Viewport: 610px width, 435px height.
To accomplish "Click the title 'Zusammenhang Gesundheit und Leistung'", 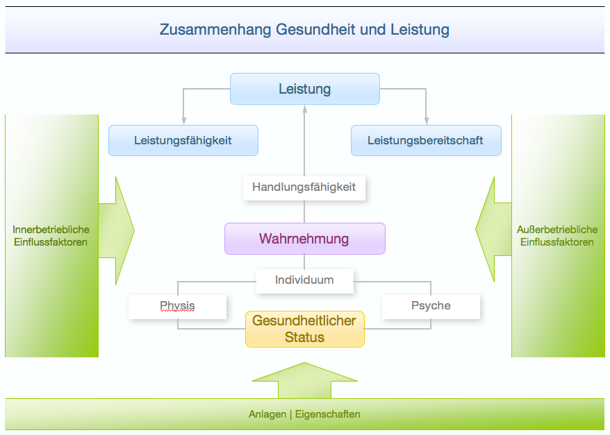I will pos(304,30).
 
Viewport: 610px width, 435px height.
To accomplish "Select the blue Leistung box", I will pos(305,89).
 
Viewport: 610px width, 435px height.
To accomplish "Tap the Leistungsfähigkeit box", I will pos(183,140).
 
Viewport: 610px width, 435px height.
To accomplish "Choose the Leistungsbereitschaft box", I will pos(426,140).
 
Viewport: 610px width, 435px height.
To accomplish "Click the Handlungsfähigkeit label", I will pos(304,187).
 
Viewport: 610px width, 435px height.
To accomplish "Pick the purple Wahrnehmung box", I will pos(304,239).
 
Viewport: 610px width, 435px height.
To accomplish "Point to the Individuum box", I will pos(304,281).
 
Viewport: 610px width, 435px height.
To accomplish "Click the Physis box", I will pos(178,307).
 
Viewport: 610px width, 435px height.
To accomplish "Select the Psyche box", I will pos(431,306).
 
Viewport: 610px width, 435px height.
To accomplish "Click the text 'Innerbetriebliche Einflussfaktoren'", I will pos(51,236).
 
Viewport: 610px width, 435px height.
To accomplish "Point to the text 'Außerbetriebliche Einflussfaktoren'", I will pos(557,236).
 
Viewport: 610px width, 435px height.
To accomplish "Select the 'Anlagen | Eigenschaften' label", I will pos(304,415).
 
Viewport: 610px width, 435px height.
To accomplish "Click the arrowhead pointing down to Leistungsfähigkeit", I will pos(183,120).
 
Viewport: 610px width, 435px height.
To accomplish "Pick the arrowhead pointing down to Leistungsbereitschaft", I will pos(426,120).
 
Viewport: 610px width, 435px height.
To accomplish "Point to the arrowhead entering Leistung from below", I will pos(304,109).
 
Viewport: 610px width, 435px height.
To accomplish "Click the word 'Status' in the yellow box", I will pos(304,338).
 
